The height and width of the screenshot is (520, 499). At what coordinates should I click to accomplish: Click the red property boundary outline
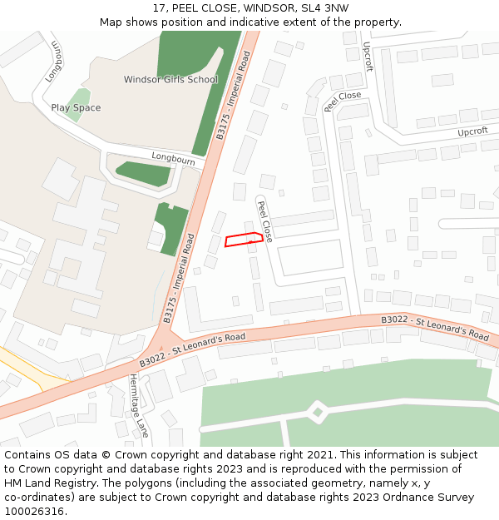244,240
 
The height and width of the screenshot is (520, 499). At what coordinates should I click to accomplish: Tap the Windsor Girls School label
170,80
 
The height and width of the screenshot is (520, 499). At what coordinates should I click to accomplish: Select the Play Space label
76,108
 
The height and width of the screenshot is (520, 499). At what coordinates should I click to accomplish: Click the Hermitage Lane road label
138,405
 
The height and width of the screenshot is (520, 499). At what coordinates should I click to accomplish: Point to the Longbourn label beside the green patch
173,158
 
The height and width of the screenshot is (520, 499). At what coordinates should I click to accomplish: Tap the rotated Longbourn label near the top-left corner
55,61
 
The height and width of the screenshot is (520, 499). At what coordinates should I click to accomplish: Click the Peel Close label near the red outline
264,220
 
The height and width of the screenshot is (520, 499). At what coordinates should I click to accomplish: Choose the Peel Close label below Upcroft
343,101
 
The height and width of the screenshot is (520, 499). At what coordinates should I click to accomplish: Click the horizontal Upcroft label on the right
472,131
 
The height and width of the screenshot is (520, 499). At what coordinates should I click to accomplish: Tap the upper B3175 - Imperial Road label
233,96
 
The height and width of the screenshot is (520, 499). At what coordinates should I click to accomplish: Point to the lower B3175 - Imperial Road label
179,278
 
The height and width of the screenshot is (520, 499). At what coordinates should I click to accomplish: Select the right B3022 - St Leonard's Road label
435,327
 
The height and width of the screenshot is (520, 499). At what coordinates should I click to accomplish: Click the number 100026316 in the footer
33,511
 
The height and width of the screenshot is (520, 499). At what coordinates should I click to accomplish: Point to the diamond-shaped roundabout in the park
317,411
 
